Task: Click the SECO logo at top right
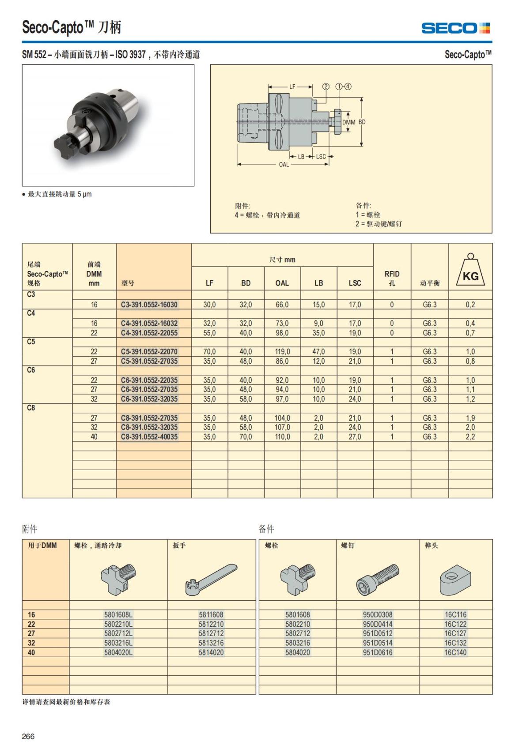tap(455, 28)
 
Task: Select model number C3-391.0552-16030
tap(149, 305)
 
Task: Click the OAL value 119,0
tap(282, 352)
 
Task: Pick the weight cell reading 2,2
tap(470, 437)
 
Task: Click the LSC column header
tap(355, 283)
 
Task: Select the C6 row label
tap(31, 370)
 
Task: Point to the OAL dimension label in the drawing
tap(284, 165)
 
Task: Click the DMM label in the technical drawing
tap(348, 122)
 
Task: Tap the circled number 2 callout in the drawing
tap(326, 87)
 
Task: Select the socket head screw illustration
tap(378, 579)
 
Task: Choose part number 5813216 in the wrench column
tap(211, 643)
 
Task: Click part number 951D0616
tap(378, 652)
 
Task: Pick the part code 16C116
tap(455, 614)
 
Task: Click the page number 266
tap(28, 736)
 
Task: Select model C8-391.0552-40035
tap(149, 437)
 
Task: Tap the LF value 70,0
tap(209, 352)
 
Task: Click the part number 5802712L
tap(118, 633)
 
